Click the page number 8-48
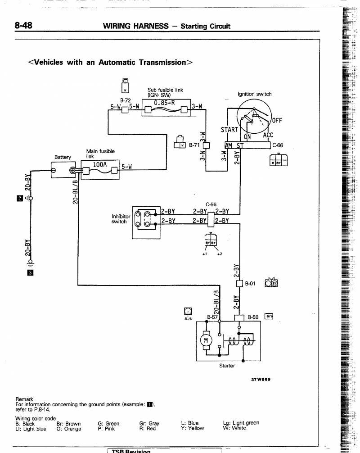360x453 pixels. pyautogui.click(x=23, y=26)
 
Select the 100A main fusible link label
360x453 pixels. pyautogui.click(x=99, y=165)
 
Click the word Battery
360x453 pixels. pyautogui.click(x=63, y=157)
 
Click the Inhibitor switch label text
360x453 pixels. pyautogui.click(x=121, y=219)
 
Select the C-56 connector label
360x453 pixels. pyautogui.click(x=211, y=204)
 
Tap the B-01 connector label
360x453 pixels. pyautogui.click(x=250, y=283)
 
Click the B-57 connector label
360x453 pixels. pyautogui.click(x=212, y=317)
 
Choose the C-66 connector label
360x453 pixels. pyautogui.click(x=278, y=145)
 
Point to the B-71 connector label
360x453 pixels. pyautogui.click(x=194, y=145)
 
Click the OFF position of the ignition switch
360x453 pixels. pyautogui.click(x=277, y=121)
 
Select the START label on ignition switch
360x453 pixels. pyautogui.click(x=229, y=130)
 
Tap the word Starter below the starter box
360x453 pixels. pyautogui.click(x=227, y=366)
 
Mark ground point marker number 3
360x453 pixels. pyautogui.click(x=31, y=272)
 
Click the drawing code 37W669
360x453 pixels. pyautogui.click(x=260, y=379)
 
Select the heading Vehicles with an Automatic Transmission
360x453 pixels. pyautogui.click(x=110, y=62)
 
